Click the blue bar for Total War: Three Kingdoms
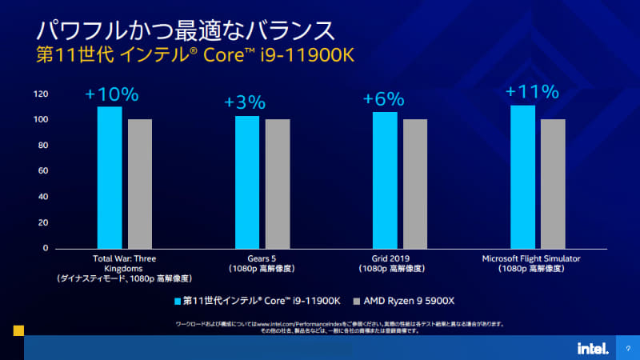[110, 177]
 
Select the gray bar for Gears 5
[278, 183]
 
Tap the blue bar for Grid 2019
[385, 180]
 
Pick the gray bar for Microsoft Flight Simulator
[553, 183]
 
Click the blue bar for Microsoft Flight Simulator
[522, 177]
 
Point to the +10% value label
[112, 94]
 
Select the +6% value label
[384, 99]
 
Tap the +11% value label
[531, 91]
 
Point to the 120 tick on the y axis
[41, 94]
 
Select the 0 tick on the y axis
[46, 248]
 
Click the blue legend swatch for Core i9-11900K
[177, 302]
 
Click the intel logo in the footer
[592, 348]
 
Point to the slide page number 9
[629, 348]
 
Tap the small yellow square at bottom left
[18, 330]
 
